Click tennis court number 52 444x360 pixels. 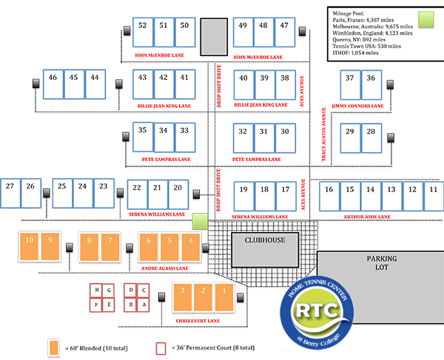tap(144, 33)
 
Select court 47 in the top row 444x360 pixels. tap(284, 33)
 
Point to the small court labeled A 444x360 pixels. tap(144, 304)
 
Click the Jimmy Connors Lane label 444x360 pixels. tap(357, 106)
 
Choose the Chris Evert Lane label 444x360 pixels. tap(200, 320)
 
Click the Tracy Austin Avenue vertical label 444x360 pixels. tap(324, 134)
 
